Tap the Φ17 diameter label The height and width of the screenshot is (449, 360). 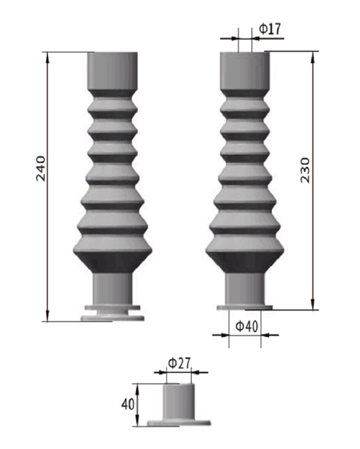pyautogui.click(x=270, y=30)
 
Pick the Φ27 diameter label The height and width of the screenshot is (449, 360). pyautogui.click(x=179, y=363)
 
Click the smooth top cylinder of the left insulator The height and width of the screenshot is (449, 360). pyautogui.click(x=113, y=70)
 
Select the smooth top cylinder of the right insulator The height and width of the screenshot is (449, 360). pyautogui.click(x=246, y=70)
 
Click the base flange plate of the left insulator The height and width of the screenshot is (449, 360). pyautogui.click(x=113, y=314)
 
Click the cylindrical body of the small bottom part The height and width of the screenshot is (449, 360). pyautogui.click(x=179, y=400)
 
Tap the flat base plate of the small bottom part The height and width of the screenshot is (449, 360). pyautogui.click(x=179, y=421)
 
